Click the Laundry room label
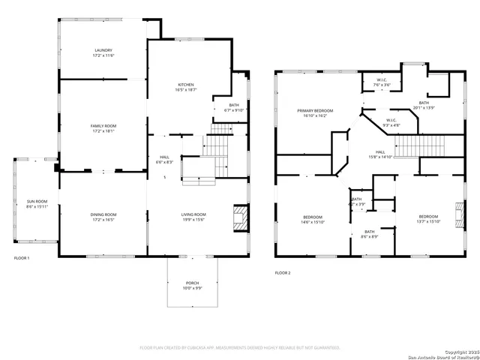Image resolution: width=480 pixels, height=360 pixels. click(x=103, y=50)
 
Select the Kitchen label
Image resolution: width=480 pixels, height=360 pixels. click(x=186, y=85)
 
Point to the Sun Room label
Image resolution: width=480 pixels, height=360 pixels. click(x=36, y=202)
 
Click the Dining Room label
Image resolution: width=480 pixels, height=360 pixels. click(x=103, y=214)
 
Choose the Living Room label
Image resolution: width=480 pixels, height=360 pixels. click(x=193, y=214)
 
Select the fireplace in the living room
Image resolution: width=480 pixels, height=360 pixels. click(x=240, y=217)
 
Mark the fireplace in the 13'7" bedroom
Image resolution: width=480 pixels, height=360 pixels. click(x=456, y=212)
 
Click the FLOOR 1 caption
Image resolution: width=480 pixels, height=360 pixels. click(x=22, y=258)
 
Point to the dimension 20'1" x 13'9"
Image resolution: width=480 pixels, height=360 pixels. click(x=424, y=108)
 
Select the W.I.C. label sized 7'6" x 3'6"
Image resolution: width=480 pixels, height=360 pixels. click(x=381, y=82)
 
